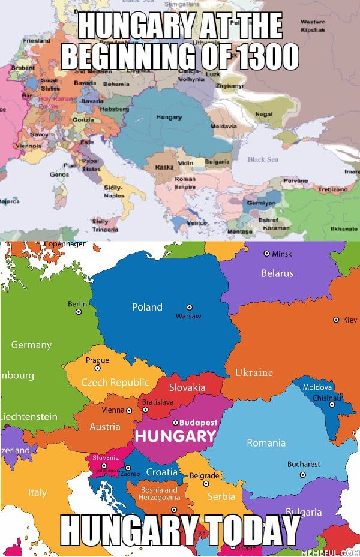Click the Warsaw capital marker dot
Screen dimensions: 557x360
click(x=190, y=307)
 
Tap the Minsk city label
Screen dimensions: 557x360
click(x=282, y=254)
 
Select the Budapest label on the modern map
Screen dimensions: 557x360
click(x=198, y=423)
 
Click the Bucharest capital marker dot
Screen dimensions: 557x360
click(x=303, y=474)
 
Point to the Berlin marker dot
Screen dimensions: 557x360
click(x=78, y=313)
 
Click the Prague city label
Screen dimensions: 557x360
click(x=97, y=360)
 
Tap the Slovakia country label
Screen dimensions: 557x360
click(x=187, y=387)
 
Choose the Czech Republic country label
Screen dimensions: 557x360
click(x=115, y=382)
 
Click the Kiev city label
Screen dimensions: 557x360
click(x=349, y=320)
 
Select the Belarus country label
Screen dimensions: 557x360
click(x=277, y=273)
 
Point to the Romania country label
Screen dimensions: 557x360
click(x=266, y=443)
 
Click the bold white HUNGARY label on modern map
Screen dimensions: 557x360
click(x=175, y=436)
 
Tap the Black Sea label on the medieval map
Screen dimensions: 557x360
click(x=263, y=159)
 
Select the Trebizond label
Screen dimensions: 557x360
click(x=332, y=189)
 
